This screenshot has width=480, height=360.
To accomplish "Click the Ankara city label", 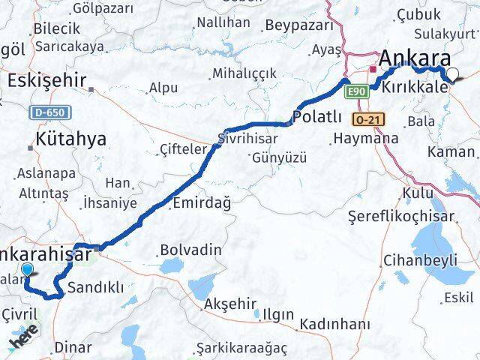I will (415, 59).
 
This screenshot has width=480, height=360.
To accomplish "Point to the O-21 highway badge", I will (367, 119).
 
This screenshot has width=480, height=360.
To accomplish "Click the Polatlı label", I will (317, 118).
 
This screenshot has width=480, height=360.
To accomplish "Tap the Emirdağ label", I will (201, 203).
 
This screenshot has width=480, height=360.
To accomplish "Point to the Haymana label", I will (364, 139).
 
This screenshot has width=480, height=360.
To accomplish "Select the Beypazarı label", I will (299, 25).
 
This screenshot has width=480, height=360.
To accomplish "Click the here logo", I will (24, 341).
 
